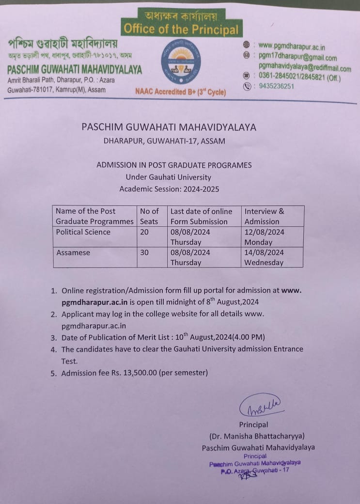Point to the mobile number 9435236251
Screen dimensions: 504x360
(x=276, y=86)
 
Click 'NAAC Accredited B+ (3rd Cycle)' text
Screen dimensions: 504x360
(x=180, y=91)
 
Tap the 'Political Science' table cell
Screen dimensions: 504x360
(x=83, y=232)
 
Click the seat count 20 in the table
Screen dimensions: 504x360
(x=144, y=232)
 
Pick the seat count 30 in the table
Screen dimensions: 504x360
(x=144, y=252)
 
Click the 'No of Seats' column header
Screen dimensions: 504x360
(x=149, y=216)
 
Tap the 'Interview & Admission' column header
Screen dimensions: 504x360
(x=264, y=216)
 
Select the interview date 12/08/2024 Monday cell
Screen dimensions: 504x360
(x=264, y=236)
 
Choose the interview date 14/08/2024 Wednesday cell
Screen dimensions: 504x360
(x=264, y=257)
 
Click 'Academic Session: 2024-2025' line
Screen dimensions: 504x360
(x=169, y=189)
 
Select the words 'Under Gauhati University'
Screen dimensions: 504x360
(x=168, y=177)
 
